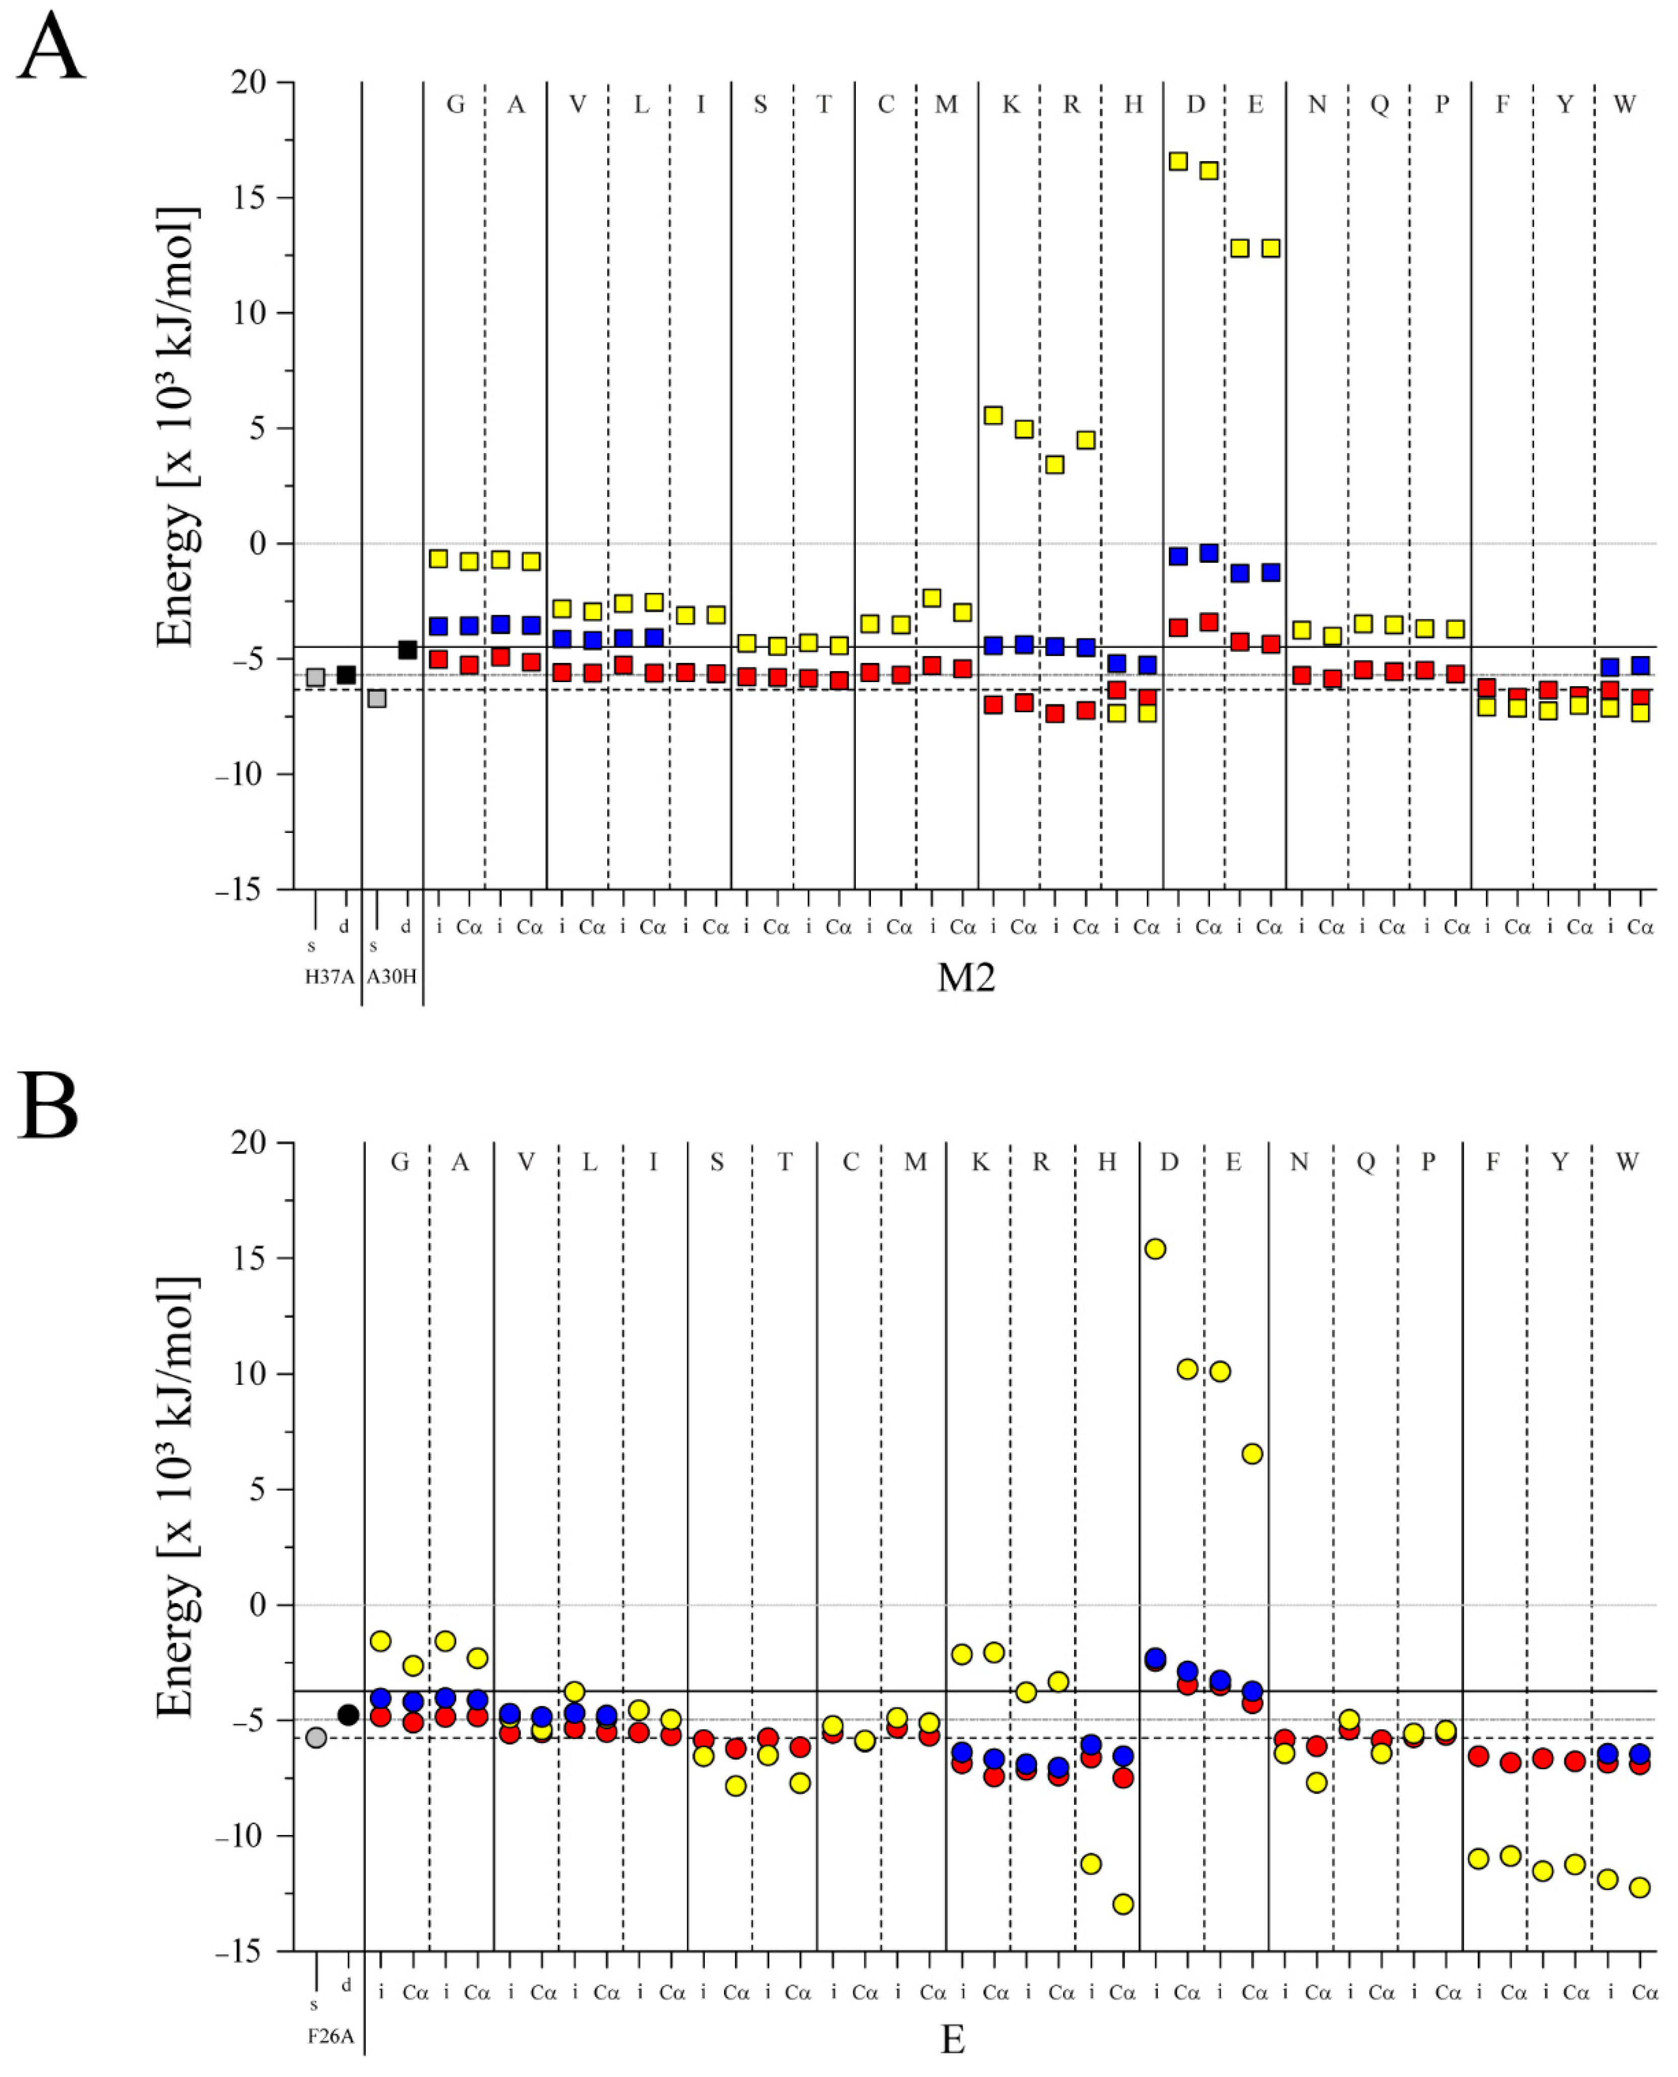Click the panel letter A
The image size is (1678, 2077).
tap(50, 48)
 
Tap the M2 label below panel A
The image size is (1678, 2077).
tap(966, 978)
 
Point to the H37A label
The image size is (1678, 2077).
tap(330, 976)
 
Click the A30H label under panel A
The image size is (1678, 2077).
tap(391, 976)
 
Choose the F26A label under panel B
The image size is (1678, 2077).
tap(331, 2036)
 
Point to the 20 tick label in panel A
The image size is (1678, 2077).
tap(249, 82)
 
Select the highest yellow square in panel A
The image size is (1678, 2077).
tap(1177, 161)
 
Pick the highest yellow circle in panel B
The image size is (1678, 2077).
tap(1155, 1249)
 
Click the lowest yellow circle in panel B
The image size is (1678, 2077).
tap(1123, 1904)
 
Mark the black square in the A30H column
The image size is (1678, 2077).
tap(407, 649)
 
